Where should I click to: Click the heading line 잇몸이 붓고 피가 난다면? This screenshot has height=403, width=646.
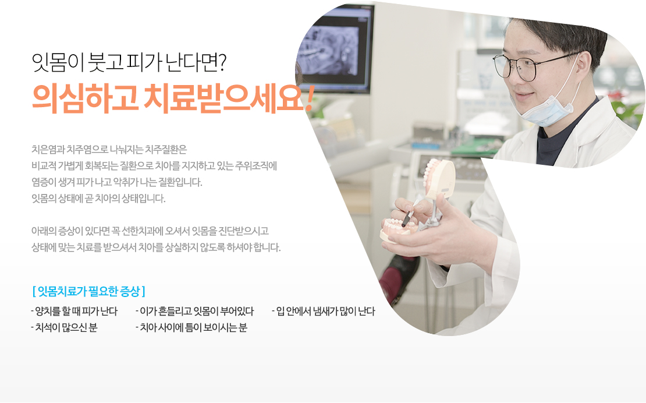(129, 63)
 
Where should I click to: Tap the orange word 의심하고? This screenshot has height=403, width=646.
(85, 98)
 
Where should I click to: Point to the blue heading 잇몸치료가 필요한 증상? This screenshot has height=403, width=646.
(88, 291)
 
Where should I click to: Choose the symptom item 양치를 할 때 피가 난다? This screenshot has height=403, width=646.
(74, 311)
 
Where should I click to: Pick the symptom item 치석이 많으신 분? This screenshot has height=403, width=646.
(64, 328)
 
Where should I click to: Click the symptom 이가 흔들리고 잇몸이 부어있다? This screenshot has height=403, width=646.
(195, 311)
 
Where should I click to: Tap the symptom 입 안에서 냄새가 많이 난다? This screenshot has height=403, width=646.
(324, 311)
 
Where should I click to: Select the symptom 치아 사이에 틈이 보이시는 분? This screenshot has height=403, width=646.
(191, 328)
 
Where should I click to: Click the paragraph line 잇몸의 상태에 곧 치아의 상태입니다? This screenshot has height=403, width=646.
(98, 199)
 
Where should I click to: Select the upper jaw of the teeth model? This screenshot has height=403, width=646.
(439, 177)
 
